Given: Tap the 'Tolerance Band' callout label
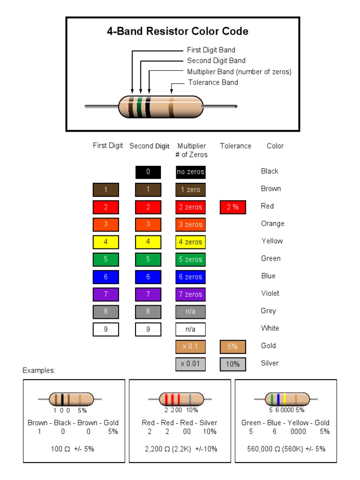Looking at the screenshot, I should [213, 82].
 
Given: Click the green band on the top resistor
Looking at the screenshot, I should [139, 107].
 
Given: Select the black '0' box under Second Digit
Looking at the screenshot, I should [148, 172].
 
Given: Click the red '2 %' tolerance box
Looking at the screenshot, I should [233, 207].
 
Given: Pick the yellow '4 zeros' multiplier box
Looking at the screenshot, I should [190, 242].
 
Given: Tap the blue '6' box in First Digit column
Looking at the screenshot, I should [106, 277].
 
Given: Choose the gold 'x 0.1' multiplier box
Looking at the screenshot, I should [190, 347].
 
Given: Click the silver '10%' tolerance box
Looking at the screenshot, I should [233, 364].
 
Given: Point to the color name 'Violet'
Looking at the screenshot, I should [270, 293].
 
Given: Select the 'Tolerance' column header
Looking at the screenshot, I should [235, 146].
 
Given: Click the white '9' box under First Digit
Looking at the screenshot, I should [106, 329].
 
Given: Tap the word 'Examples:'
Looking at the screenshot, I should [39, 370].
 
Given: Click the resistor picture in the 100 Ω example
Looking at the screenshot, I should [69, 399].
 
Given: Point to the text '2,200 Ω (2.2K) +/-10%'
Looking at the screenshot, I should [181, 449].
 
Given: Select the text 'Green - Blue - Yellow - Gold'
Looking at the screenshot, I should [285, 423].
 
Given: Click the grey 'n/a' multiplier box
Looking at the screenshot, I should [190, 312].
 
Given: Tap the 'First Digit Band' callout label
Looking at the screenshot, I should [211, 50].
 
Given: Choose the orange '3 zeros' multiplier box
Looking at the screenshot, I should [190, 225].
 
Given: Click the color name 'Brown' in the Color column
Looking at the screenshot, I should [271, 188].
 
